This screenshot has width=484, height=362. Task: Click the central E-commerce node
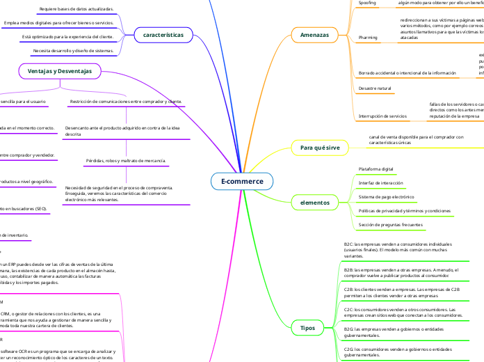(x=242, y=182)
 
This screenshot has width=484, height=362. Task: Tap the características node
(x=163, y=34)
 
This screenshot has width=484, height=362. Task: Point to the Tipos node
(x=307, y=327)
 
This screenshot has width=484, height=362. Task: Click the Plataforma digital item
(x=375, y=169)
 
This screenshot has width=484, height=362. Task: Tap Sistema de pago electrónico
(x=386, y=197)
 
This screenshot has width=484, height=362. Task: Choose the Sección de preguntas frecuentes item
(x=390, y=226)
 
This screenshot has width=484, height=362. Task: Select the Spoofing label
(x=366, y=3)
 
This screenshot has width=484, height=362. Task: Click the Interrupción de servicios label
(x=382, y=116)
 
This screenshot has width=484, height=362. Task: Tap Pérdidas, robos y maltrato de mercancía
(x=126, y=161)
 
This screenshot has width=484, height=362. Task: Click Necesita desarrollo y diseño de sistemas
(x=72, y=51)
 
